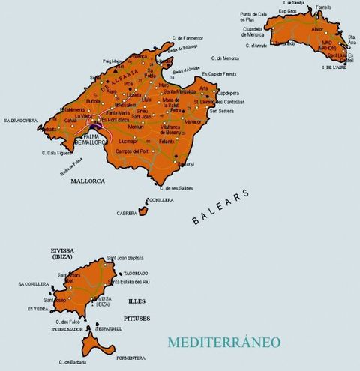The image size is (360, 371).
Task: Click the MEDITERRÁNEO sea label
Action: [x=225, y=342]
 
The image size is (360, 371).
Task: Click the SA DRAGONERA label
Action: [x=19, y=120]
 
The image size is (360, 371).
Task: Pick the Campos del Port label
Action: [x=133, y=151]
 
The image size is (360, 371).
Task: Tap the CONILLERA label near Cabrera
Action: [x=161, y=200]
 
